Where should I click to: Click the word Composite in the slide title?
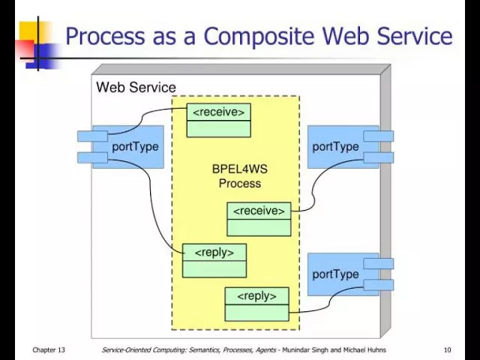(x=259, y=37)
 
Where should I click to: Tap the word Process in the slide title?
(x=105, y=36)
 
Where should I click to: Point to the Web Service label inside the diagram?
(x=136, y=87)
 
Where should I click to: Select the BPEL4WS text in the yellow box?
(x=240, y=169)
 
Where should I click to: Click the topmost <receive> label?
(x=218, y=112)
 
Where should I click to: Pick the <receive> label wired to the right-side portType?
(x=259, y=211)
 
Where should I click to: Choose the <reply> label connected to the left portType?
(x=214, y=253)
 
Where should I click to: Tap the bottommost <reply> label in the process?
(x=256, y=296)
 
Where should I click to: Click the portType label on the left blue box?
(x=135, y=147)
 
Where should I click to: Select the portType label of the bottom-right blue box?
(x=335, y=274)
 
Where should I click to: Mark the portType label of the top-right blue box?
(x=335, y=147)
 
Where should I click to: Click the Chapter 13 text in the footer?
(x=49, y=350)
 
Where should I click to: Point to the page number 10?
(x=447, y=350)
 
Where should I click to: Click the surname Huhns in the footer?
(x=376, y=350)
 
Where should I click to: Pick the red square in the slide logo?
(x=24, y=49)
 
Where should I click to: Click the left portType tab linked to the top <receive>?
(x=92, y=136)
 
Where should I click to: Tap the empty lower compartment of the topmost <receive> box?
(x=218, y=129)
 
